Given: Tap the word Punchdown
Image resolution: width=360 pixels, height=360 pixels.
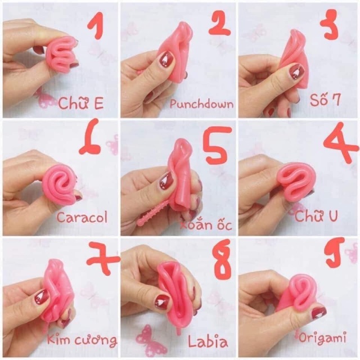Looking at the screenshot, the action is [201, 104].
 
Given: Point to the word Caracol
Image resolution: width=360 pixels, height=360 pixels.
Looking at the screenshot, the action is [82, 217].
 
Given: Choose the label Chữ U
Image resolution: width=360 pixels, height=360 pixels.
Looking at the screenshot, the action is [316, 215].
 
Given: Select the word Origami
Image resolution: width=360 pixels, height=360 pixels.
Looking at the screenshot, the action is [322, 338].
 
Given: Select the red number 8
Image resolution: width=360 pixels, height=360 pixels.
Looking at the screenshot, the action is [222, 259].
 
